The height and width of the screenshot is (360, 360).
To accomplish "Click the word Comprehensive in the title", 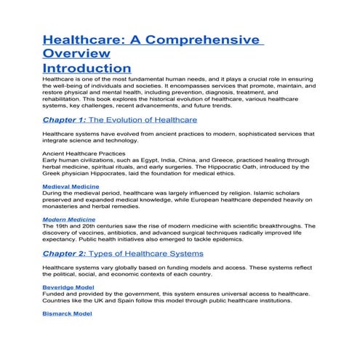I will point(207,39).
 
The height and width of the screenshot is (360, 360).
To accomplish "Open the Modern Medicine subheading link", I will point(71,219).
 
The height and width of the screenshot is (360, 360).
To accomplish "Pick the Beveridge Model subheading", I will point(69,287).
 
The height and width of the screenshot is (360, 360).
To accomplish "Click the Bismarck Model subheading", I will point(68,313).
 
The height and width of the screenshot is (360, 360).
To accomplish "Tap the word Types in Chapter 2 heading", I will point(121,253).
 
